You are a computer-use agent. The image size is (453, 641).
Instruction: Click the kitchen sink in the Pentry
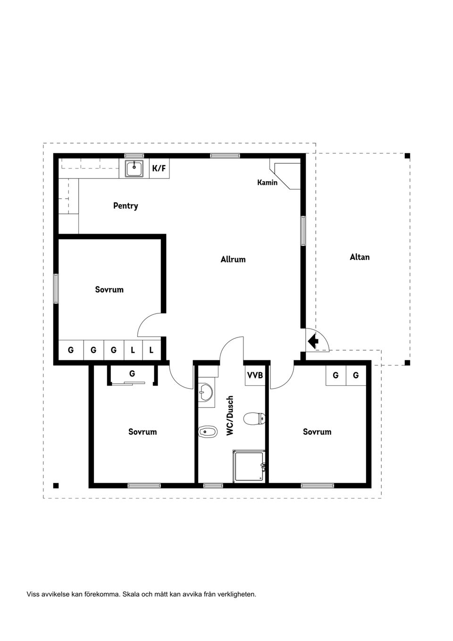coord(134,168)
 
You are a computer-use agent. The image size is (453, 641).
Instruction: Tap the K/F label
coord(159,168)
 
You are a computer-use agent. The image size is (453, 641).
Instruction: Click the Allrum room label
coord(233,259)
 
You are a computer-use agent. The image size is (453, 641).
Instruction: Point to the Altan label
coord(360,257)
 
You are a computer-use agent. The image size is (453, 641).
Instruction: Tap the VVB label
coord(255,376)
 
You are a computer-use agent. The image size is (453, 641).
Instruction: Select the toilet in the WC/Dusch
coord(255,418)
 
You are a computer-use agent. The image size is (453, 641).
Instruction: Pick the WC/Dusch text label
coord(230,415)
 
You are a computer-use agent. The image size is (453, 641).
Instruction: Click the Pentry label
coord(126,206)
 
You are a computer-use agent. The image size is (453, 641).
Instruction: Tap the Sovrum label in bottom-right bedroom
coord(317,432)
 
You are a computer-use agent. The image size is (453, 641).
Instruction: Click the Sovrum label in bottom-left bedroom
coord(143,432)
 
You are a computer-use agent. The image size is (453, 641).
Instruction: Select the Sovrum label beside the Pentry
coord(109,290)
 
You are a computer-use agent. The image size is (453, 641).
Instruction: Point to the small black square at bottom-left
coord(56,485)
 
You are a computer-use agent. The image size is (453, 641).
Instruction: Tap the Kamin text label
coord(267,182)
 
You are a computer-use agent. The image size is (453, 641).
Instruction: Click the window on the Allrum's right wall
coord(303,231)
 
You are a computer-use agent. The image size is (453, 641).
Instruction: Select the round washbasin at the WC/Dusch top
coord(205,391)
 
